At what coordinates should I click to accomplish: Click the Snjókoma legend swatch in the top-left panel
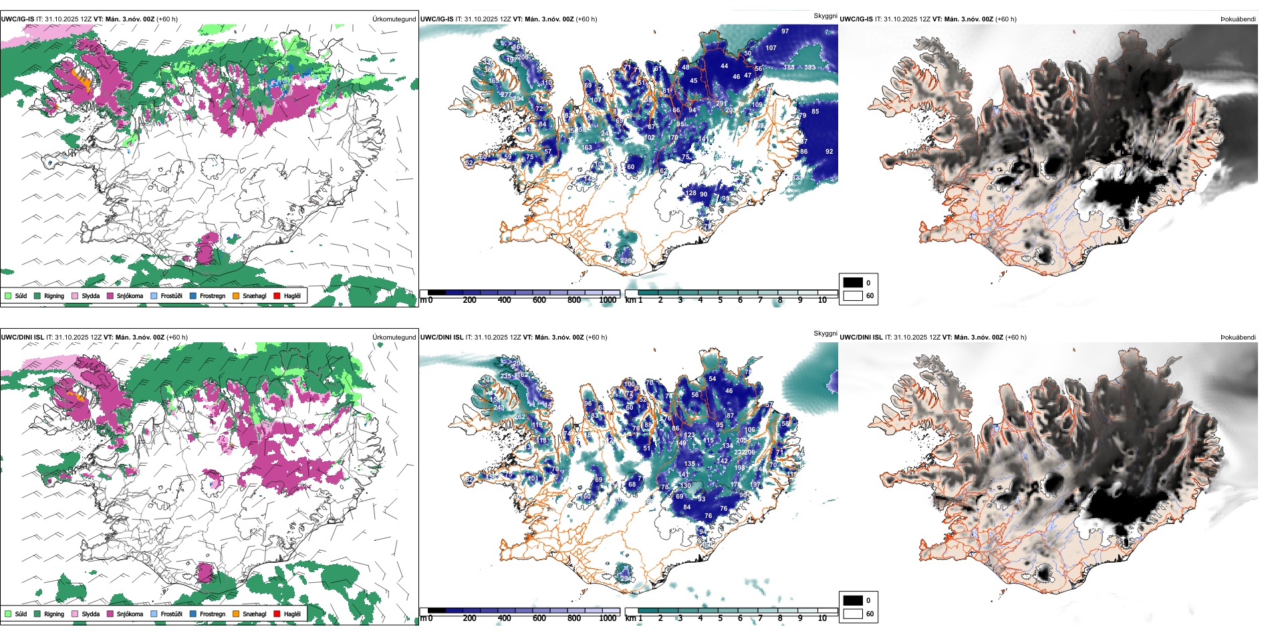pos(110,295)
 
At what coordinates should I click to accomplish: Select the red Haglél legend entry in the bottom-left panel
pos(277,614)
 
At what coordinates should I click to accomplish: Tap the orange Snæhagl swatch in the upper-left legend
pos(236,295)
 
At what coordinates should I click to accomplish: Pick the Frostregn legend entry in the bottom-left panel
pos(193,614)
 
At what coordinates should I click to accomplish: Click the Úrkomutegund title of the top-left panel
pos(394,19)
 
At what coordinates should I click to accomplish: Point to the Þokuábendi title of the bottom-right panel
pos(1238,338)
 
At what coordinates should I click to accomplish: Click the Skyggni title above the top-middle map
pos(825,15)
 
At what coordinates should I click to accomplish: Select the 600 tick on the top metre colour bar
pos(539,300)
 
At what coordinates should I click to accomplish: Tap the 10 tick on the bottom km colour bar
pos(822,618)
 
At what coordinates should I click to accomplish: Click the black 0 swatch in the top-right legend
pos(853,283)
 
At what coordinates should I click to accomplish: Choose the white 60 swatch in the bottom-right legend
pos(853,614)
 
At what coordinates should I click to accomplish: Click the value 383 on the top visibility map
pos(809,68)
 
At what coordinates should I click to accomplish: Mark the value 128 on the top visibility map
pos(690,193)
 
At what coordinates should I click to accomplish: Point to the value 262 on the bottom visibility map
pos(520,417)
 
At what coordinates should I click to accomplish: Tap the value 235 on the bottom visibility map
pos(505,376)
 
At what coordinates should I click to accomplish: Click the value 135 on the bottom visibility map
pos(689,463)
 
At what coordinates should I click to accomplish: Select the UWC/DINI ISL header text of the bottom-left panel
pos(22,338)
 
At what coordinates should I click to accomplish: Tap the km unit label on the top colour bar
pos(630,300)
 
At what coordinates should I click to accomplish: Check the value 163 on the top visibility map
pos(586,148)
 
